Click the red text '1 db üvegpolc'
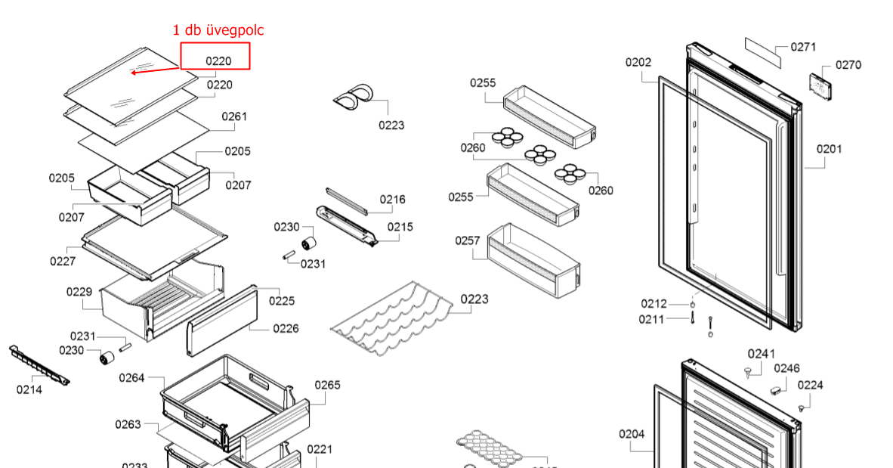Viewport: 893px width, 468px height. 218,30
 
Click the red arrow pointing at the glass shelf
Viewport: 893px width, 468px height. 155,70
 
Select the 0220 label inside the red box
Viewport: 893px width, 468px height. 218,60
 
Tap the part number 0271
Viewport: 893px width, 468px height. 803,47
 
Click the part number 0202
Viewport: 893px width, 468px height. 638,62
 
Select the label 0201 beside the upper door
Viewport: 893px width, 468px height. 829,149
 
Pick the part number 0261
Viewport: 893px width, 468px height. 234,116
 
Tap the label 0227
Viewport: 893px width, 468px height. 63,261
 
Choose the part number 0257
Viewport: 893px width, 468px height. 468,240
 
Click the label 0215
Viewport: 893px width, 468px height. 400,227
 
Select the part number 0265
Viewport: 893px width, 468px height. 327,385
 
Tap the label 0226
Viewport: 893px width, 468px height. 286,328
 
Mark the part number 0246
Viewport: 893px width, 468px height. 786,368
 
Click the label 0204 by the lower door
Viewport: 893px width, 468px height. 632,433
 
